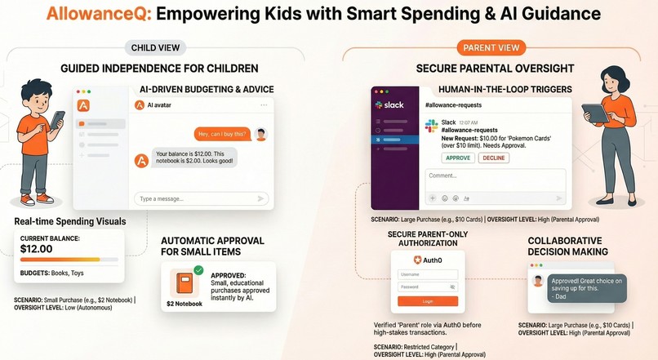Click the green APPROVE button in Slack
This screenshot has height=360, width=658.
pos(456,158)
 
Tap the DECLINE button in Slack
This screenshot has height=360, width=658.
pos(493,158)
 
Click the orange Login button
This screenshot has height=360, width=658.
pos(427,301)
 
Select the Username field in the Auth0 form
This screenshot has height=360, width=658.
pos(427,275)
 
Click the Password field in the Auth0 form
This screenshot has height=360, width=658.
pos(427,287)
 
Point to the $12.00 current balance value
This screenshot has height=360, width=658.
pos(37,248)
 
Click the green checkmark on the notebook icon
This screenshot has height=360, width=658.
pos(198,270)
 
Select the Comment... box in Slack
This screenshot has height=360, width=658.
pos(495,180)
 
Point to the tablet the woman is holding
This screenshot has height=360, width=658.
pos(594,112)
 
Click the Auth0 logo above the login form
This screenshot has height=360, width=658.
pos(427,260)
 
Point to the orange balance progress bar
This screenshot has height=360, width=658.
pos(69,259)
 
